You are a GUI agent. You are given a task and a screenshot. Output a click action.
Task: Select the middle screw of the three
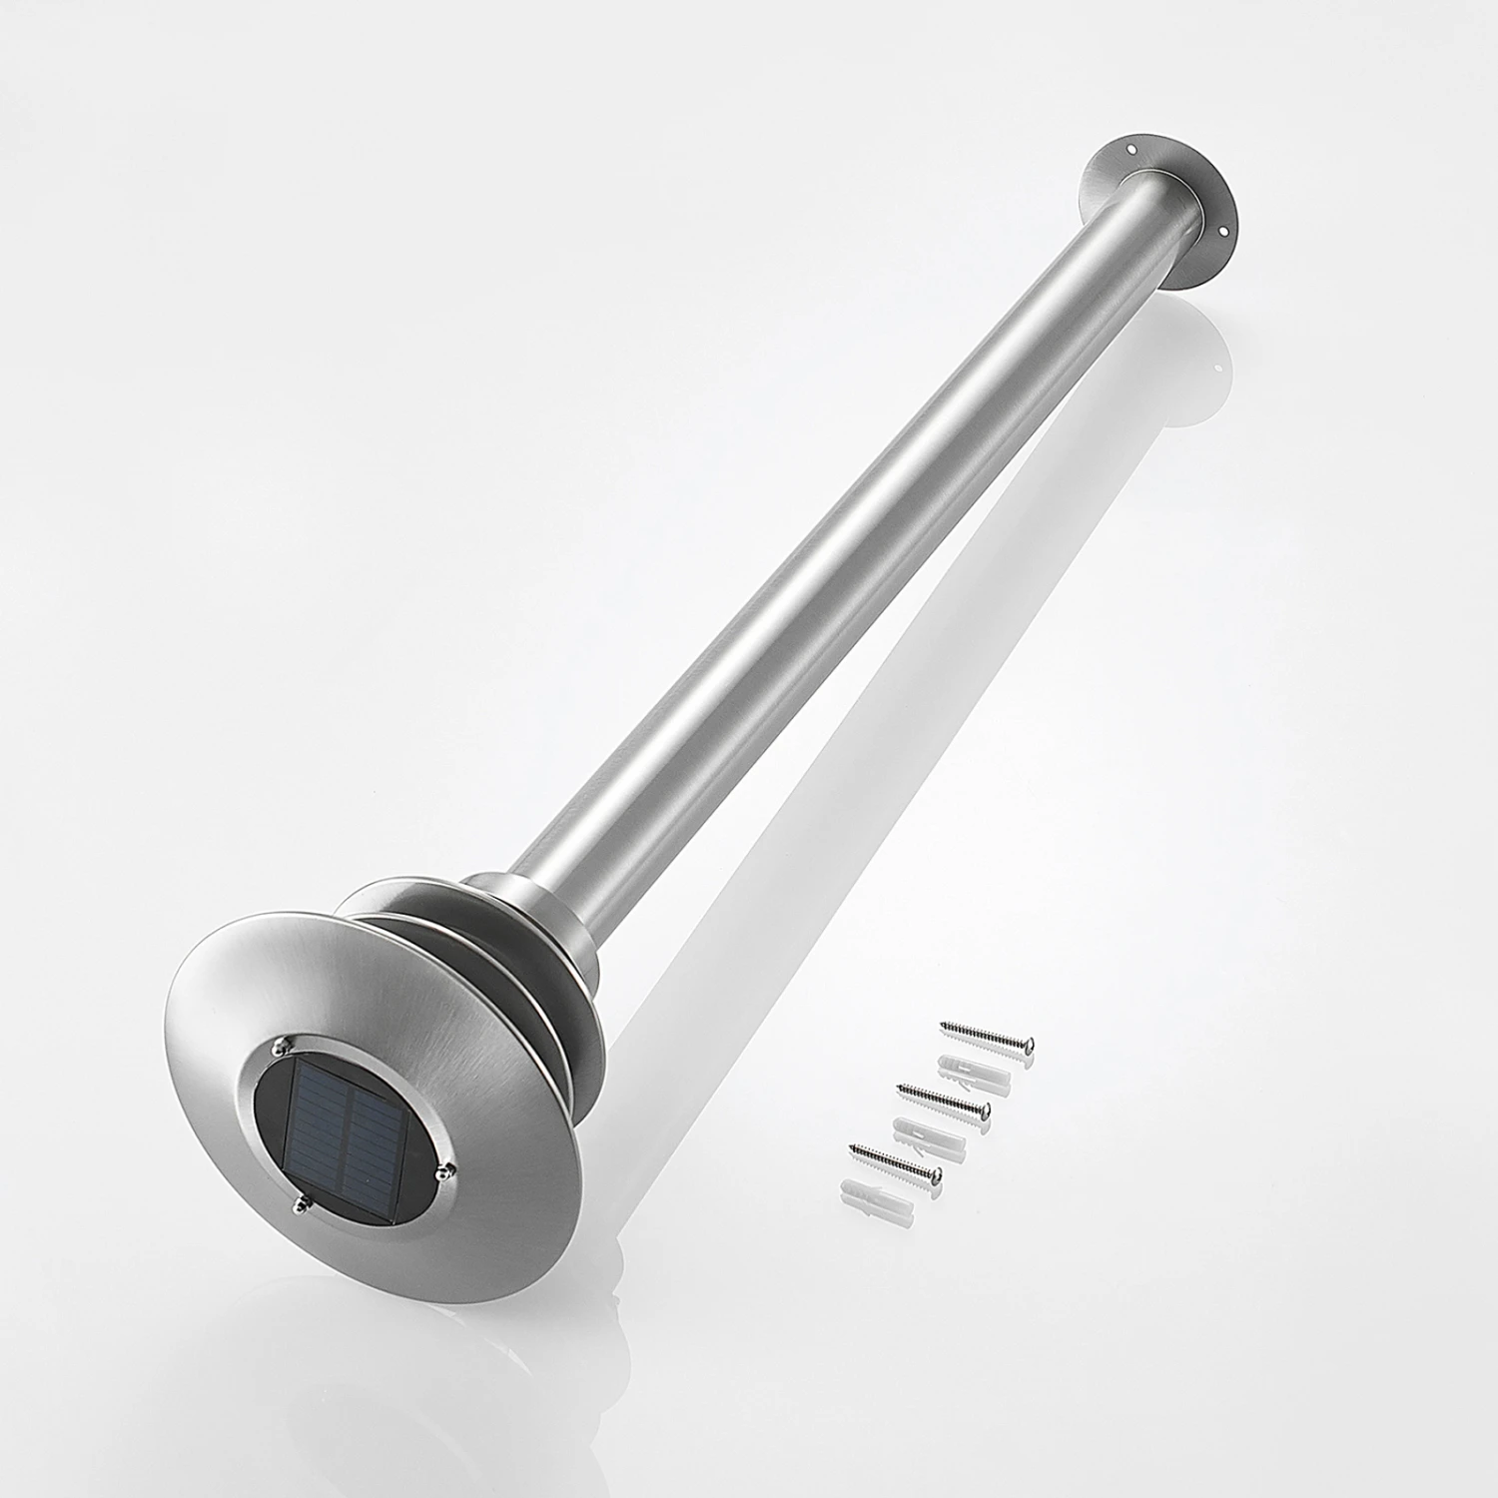[943, 1097]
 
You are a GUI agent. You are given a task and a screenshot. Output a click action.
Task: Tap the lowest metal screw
[895, 1160]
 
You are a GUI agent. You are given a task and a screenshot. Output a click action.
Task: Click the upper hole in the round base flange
[1131, 151]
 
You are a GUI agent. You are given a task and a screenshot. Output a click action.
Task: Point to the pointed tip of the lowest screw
[851, 1145]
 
